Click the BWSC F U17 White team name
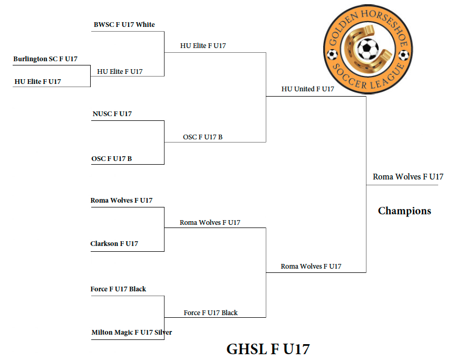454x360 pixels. coord(124,25)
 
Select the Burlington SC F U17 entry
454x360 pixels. coord(45,59)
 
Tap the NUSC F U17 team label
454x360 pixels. coord(112,113)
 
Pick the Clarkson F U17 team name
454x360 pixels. coord(114,243)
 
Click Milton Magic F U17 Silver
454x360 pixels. coord(131,332)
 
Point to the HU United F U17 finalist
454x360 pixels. coord(307,89)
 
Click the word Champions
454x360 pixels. coord(404,211)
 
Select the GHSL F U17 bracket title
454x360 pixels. coord(268,349)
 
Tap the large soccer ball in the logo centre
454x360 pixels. coord(368,50)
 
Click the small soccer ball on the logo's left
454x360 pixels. coord(332,54)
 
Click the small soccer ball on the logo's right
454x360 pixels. coord(404,55)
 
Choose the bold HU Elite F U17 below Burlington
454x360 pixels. coord(37,81)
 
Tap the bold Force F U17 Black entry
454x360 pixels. coord(118,289)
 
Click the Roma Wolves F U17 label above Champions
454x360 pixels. coord(408,177)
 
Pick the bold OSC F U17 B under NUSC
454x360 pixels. coord(111,158)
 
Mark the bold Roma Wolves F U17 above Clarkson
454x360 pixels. coord(121,200)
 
